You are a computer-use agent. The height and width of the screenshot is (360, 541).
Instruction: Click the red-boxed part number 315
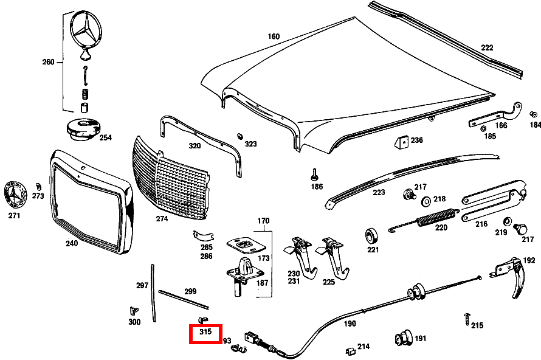pyautogui.click(x=205, y=332)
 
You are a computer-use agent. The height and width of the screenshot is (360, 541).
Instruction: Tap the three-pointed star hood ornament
pyautogui.click(x=85, y=30)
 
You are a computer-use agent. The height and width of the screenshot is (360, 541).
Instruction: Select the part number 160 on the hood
pyautogui.click(x=274, y=36)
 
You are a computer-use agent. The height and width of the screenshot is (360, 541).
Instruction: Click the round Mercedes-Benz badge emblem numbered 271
pyautogui.click(x=15, y=195)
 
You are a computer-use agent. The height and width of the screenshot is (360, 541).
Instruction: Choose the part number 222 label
pyautogui.click(x=487, y=47)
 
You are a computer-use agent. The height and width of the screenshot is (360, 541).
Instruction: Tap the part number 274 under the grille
pyautogui.click(x=162, y=218)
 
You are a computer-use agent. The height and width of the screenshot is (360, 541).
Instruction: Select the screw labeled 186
pyautogui.click(x=315, y=173)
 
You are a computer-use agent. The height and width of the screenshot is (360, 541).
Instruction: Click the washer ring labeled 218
pyautogui.click(x=425, y=200)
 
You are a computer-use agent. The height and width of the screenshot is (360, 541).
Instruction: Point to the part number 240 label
pyautogui.click(x=72, y=243)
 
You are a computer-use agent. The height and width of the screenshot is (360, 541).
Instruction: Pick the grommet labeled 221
pyautogui.click(x=371, y=235)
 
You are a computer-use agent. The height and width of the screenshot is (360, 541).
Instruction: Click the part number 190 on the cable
pyautogui.click(x=350, y=324)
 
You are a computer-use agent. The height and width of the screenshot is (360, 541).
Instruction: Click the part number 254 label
pyautogui.click(x=105, y=137)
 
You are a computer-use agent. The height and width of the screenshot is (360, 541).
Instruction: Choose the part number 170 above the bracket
pyautogui.click(x=263, y=220)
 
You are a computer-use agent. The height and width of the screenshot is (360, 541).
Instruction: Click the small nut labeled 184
pyautogui.click(x=533, y=114)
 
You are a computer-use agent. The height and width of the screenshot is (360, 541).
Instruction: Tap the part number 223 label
pyautogui.click(x=379, y=192)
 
